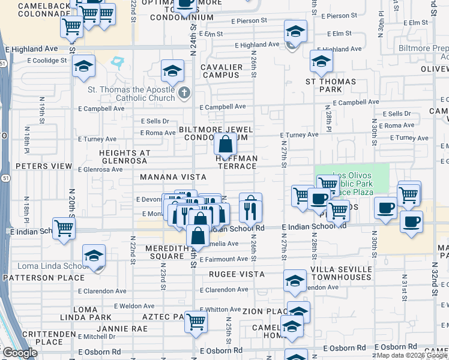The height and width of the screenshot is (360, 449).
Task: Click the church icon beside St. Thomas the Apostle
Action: tap(184, 94)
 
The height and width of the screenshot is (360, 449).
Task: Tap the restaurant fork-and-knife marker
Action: tap(250, 208)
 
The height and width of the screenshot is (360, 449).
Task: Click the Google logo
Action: tap(20, 353)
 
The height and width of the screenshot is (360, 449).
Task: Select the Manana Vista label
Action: tap(173, 177)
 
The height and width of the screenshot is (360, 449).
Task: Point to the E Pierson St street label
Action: tap(247, 21)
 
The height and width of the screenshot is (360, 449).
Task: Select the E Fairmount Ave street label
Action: tap(224, 259)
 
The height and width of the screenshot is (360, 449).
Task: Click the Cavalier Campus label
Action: tap(222, 71)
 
